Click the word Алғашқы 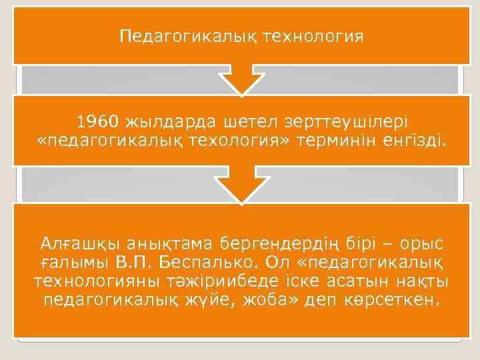81,239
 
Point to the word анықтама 173,239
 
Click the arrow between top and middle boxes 241,80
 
